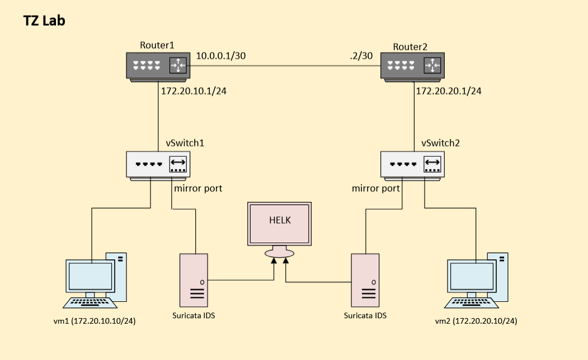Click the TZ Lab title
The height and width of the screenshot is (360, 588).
click(x=44, y=21)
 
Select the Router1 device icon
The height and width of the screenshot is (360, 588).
click(x=158, y=67)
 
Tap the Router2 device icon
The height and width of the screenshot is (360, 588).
click(x=412, y=67)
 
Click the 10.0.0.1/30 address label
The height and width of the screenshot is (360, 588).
click(x=221, y=56)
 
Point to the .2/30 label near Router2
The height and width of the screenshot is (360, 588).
click(x=361, y=56)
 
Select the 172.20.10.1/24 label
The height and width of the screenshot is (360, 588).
click(x=194, y=91)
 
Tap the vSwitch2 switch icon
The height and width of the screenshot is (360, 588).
click(x=413, y=165)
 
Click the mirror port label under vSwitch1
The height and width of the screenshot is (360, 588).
click(x=198, y=188)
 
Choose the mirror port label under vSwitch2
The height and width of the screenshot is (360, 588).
click(x=376, y=188)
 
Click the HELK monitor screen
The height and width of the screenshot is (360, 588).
click(x=279, y=224)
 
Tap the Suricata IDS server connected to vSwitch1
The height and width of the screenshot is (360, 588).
click(x=194, y=279)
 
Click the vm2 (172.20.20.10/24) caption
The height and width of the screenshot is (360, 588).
click(x=476, y=321)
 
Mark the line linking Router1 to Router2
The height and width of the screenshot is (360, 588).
click(x=285, y=65)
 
